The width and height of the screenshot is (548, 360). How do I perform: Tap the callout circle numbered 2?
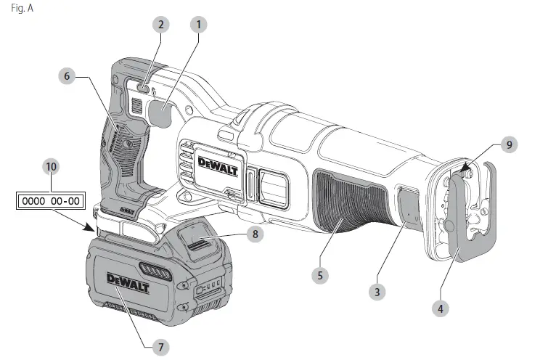[162, 24]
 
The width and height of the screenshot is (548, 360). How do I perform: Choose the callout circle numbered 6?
[67, 75]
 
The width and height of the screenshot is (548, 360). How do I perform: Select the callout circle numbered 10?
[51, 166]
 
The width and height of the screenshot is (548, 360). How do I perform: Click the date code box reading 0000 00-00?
[51, 200]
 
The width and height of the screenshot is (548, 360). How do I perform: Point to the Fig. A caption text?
[23, 9]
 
